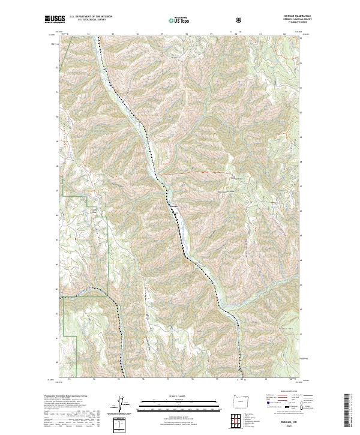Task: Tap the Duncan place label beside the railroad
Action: [173, 205]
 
